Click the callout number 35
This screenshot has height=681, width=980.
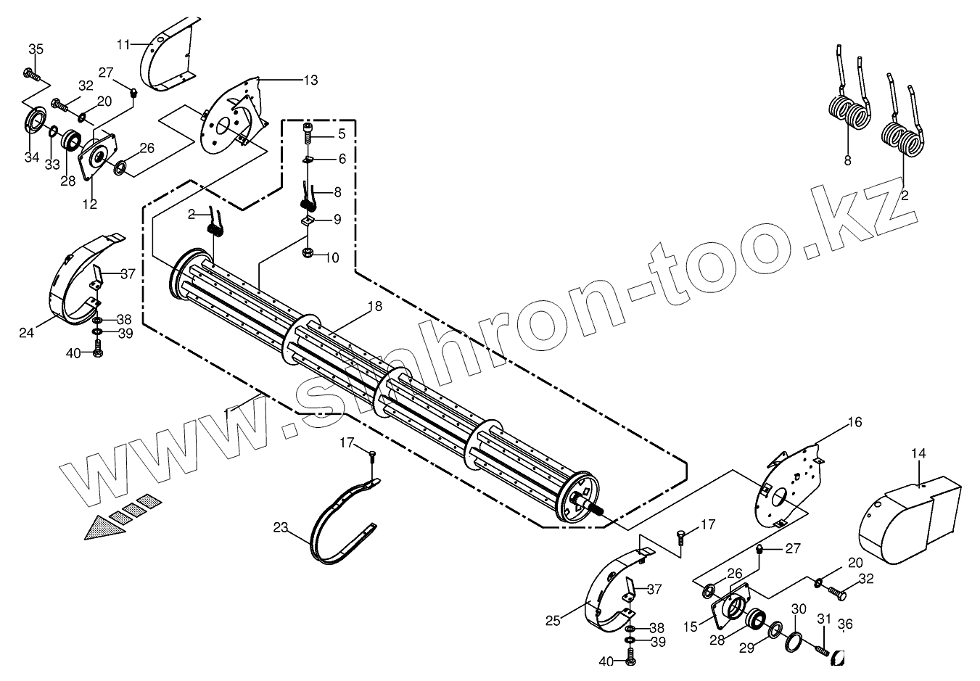(x=36, y=49)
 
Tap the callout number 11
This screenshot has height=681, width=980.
(x=123, y=44)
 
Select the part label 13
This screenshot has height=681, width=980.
(x=310, y=81)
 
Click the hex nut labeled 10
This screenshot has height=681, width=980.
(x=308, y=255)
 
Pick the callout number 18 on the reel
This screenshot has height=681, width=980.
(x=374, y=307)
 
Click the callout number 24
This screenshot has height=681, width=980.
(x=27, y=334)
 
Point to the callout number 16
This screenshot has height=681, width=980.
(x=855, y=422)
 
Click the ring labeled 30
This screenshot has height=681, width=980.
(x=795, y=640)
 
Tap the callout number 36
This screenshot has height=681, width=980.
(x=845, y=623)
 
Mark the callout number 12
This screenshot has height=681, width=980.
(x=89, y=205)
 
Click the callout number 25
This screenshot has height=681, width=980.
(x=553, y=622)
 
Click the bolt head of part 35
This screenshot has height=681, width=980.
(x=30, y=73)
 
